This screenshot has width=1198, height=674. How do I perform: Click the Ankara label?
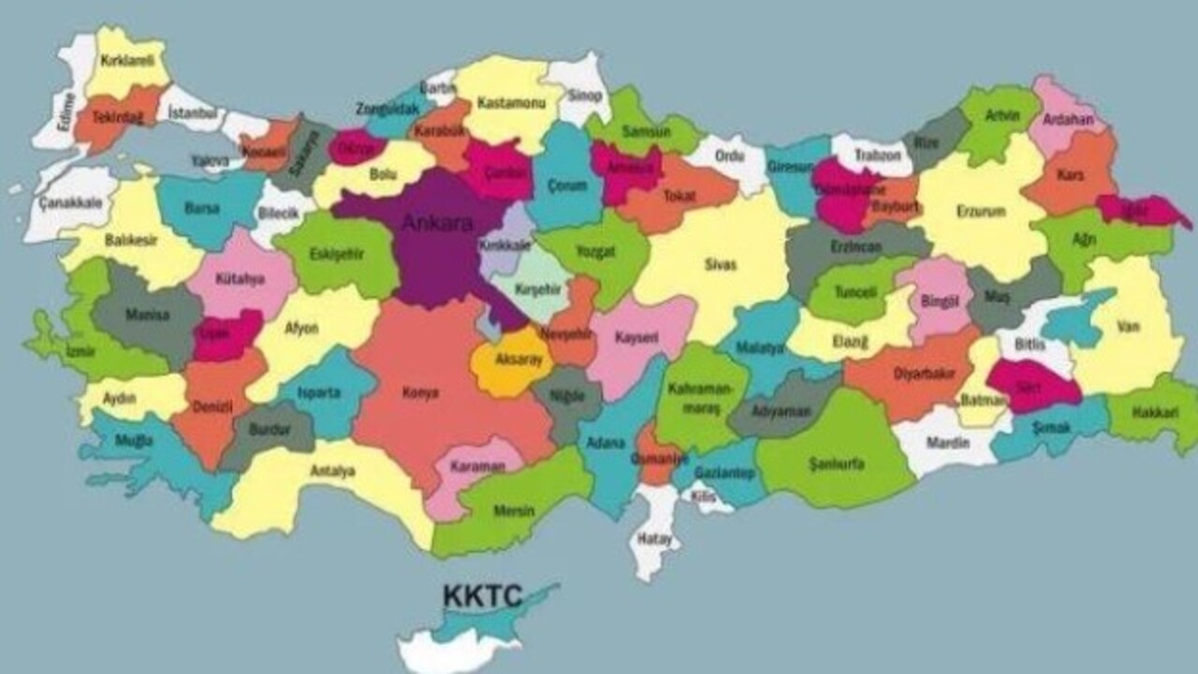[437, 224]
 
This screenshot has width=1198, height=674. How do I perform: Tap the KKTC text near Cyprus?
[482, 596]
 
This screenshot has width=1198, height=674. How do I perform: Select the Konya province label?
[420, 393]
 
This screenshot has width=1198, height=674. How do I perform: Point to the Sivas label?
[721, 265]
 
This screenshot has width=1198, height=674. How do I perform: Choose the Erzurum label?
[981, 212]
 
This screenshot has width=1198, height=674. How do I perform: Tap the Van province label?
[1128, 327]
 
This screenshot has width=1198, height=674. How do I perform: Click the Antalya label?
[332, 471]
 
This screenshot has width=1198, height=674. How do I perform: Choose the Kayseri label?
[636, 337]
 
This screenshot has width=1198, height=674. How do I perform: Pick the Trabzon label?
[877, 155]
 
